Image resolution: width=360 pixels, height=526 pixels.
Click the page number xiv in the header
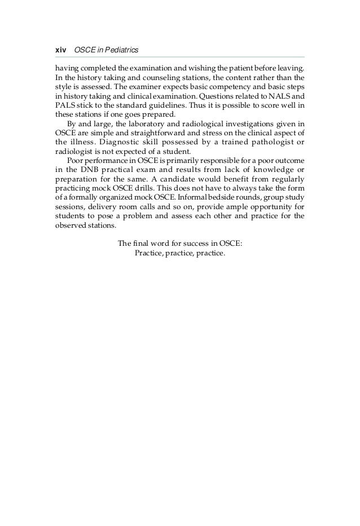coord(59,50)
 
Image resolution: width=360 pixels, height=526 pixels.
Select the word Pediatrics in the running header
coord(116,50)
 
